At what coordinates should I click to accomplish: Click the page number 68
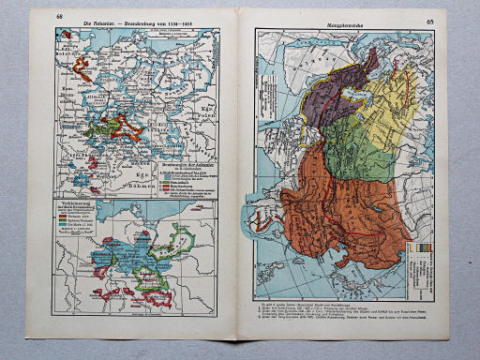click(x=60, y=18)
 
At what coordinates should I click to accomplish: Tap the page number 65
click(x=429, y=20)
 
